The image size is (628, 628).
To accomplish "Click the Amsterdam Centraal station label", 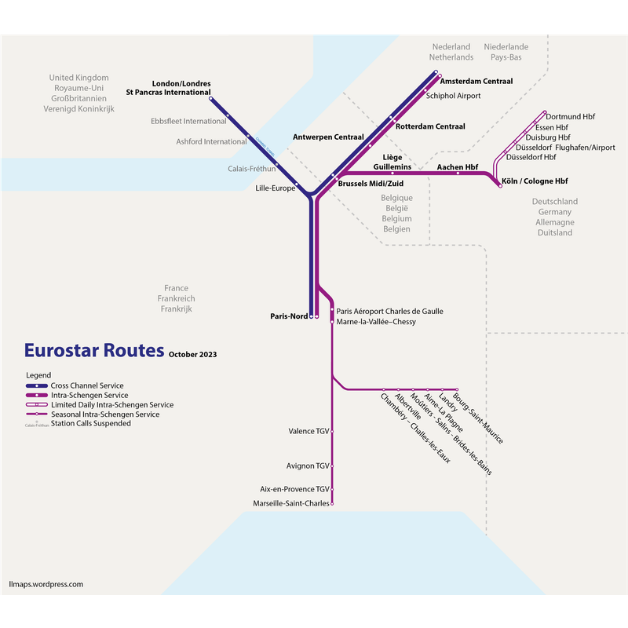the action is (476, 82).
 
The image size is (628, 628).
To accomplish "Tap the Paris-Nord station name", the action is (289, 316).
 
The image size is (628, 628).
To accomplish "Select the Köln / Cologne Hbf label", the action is (535, 181).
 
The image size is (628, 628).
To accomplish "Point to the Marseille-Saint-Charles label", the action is (291, 503).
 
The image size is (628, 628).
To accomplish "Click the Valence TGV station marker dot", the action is (332, 432).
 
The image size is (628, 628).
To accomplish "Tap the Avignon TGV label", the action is (308, 466).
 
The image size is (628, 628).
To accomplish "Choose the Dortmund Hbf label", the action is (571, 117).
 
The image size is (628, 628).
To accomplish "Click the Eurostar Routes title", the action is (94, 350).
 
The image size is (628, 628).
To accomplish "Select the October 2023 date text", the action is (192, 355).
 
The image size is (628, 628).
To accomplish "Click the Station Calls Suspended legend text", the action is (91, 423).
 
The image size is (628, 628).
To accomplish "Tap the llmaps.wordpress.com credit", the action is (46, 584).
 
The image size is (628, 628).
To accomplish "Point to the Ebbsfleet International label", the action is (188, 122).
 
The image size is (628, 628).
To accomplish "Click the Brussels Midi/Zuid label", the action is (371, 184).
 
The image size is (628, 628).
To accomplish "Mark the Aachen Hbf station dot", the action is (458, 173).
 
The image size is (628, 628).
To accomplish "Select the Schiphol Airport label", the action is (454, 96).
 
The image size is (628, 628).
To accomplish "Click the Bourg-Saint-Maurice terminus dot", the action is (457, 389).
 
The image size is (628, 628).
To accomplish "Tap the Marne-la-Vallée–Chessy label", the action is (376, 322).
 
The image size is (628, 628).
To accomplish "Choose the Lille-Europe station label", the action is (276, 188).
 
